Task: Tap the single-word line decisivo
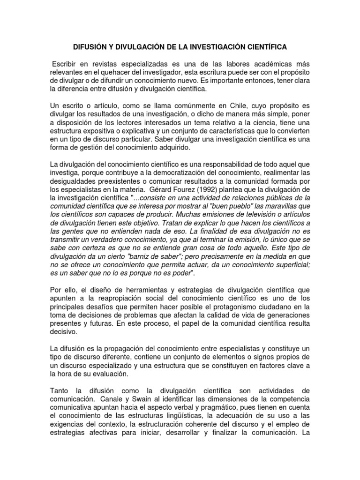click(x=65, y=331)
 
